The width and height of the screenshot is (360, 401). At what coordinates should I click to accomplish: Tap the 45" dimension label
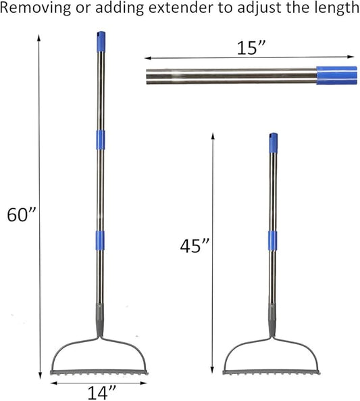point(195,246)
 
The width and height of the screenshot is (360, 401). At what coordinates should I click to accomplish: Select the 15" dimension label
point(252,48)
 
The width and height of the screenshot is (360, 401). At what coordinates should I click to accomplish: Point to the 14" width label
point(102,393)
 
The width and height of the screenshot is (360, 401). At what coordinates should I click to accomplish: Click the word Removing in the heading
point(35,8)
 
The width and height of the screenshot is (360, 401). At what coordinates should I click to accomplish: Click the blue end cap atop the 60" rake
point(101,42)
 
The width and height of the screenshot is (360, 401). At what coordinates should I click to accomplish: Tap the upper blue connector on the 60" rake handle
point(101,140)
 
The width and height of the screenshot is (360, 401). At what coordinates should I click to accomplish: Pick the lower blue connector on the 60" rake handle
point(100,240)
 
